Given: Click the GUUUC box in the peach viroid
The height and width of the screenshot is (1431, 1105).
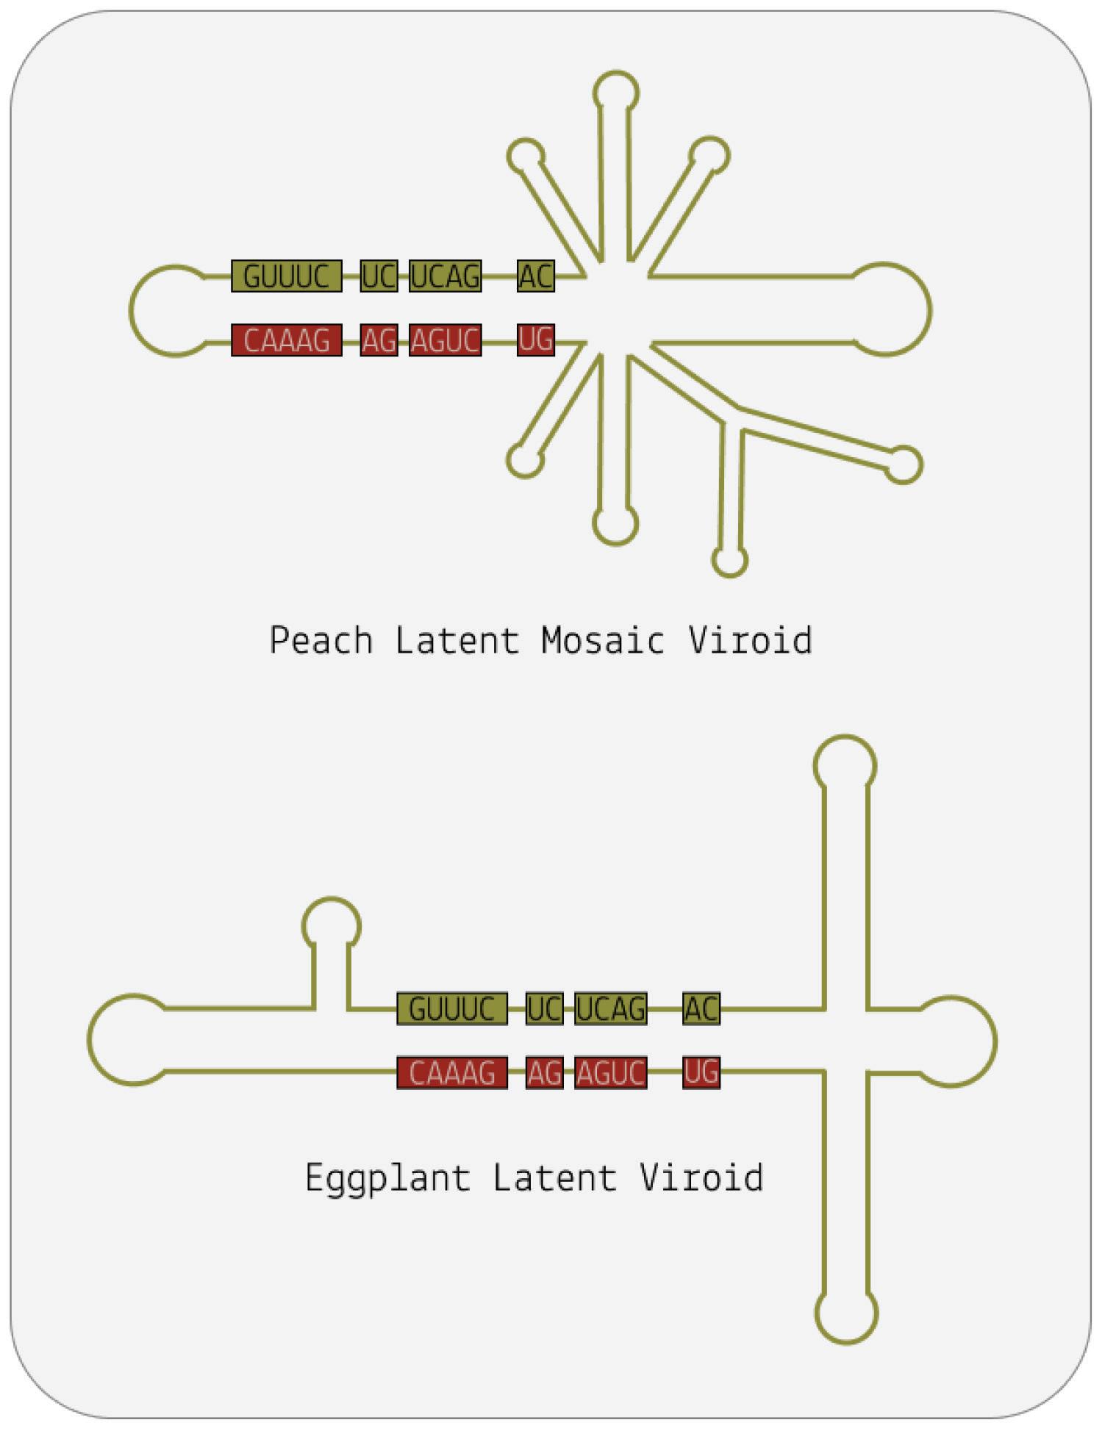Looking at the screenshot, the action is pos(286,276).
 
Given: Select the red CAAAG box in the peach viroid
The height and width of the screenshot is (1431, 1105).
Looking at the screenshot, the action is pos(286,340).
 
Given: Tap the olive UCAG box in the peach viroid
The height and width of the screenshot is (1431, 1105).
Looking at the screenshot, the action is pos(445,276).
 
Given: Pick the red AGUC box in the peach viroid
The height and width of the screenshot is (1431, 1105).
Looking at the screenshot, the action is pos(445,340).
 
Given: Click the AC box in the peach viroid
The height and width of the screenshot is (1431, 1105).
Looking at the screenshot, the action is pos(535,276).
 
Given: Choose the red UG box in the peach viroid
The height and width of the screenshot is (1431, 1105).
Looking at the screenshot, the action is pos(535,340).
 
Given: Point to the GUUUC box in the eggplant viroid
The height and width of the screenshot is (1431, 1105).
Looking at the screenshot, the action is pos(451,1008).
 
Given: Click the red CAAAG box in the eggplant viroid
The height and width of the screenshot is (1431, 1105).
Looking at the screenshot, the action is pos(451,1073).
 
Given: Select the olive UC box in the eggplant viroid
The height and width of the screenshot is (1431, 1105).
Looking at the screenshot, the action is pos(544,1008).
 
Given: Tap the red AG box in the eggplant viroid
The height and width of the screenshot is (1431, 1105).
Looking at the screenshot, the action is pos(544,1073).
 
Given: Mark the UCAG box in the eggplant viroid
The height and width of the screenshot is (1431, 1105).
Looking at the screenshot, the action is pos(610,1008).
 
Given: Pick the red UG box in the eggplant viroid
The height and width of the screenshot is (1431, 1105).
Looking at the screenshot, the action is pos(701,1073).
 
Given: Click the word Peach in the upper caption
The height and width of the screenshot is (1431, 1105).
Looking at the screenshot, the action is pos(321,640).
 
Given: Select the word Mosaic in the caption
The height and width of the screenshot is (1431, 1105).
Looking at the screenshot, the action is pos(603,640).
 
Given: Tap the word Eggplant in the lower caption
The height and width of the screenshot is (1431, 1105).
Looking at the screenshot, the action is pos(387,1178).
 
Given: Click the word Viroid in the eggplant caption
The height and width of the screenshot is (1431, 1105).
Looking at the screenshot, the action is pos(701,1178).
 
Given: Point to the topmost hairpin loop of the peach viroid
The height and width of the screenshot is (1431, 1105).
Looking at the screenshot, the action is pos(615,92).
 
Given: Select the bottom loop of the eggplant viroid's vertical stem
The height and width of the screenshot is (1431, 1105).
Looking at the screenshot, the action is pos(846,1313).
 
